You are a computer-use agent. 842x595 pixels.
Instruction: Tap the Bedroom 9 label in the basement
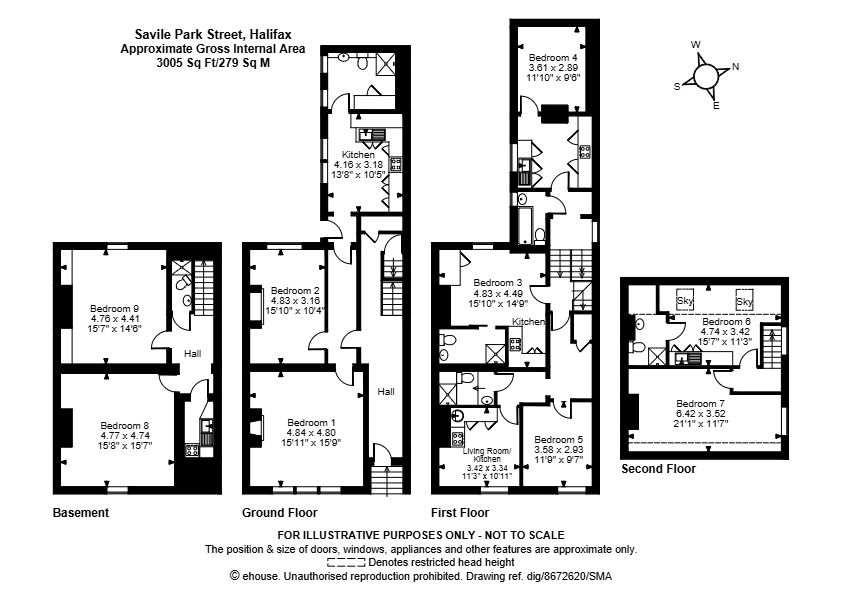pos(114,309)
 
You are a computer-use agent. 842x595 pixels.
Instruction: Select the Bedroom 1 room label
pos(311,423)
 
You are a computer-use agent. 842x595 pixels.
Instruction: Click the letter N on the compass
pos(736,67)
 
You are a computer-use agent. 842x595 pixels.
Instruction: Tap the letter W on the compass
pos(695,45)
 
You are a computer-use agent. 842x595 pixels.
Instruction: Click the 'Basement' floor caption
pos(81,513)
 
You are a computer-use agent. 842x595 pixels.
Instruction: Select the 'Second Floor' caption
pos(658,469)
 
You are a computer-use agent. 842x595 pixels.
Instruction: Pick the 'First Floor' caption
pos(460,513)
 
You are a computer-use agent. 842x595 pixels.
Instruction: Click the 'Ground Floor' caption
pos(279,513)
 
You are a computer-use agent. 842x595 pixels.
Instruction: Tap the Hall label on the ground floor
pos(386,392)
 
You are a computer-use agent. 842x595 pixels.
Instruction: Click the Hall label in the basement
pos(192,353)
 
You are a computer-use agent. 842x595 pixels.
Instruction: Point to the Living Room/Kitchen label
pos(487,455)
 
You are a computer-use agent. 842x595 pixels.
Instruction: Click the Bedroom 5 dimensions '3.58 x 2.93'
pos(558,449)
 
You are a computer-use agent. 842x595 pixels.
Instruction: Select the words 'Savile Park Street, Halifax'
pos(213,35)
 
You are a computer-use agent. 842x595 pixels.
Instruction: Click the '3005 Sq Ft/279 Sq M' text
pos(213,63)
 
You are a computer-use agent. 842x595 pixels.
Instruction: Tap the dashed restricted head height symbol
pos(346,563)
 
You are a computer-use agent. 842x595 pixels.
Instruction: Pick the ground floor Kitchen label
pos(358,155)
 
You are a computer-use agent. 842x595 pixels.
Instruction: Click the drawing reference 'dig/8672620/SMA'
pos(578,576)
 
